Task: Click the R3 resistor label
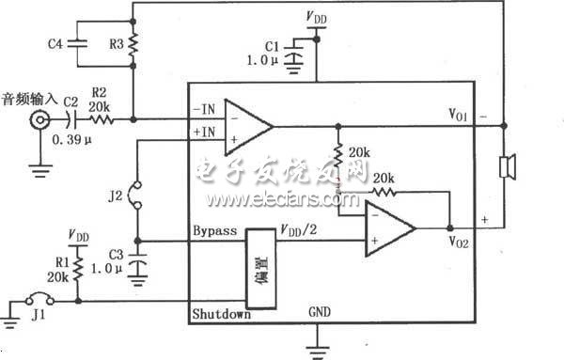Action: coord(117,42)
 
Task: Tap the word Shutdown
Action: coord(221,315)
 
